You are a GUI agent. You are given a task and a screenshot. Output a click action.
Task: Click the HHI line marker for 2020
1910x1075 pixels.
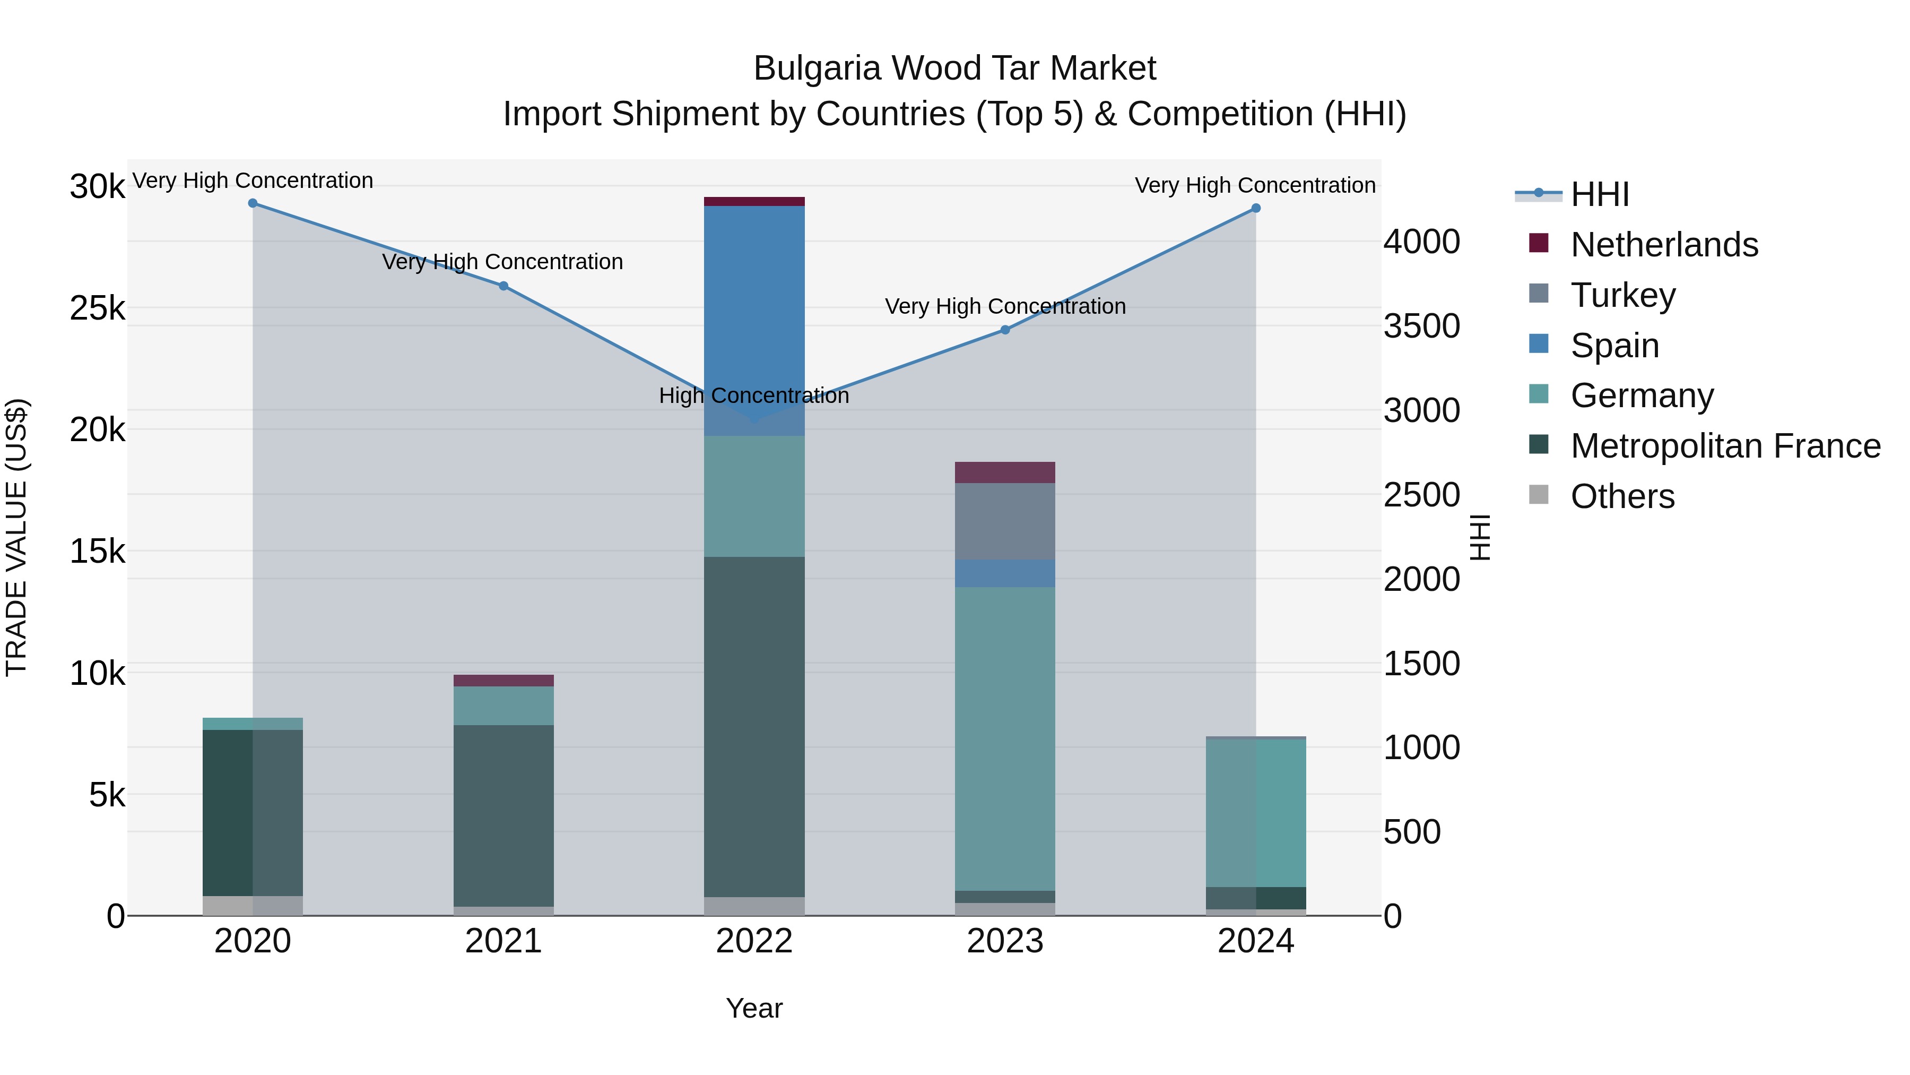tap(253, 203)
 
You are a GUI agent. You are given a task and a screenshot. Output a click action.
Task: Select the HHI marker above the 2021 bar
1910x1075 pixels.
tap(503, 286)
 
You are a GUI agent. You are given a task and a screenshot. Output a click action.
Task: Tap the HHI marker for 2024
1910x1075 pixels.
tap(1256, 209)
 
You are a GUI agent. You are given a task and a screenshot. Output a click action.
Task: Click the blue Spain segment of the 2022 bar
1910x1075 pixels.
tap(754, 312)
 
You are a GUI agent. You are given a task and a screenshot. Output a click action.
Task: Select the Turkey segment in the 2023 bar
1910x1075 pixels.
tap(1005, 521)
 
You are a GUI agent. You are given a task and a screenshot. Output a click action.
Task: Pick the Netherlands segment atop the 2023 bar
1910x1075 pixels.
tap(1005, 472)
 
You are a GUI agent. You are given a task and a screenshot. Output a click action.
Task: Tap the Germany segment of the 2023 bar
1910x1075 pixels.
tap(1005, 738)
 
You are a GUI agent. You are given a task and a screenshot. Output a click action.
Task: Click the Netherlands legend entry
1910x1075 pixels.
tap(1664, 245)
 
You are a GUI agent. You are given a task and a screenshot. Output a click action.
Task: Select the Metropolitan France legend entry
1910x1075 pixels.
tap(1725, 446)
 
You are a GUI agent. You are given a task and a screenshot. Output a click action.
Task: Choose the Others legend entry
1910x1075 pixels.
tap(1622, 496)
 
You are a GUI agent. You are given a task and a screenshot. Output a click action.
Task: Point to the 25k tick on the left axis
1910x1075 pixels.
tap(98, 308)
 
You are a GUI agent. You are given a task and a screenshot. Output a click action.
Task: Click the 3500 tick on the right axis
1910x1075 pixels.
tap(1421, 326)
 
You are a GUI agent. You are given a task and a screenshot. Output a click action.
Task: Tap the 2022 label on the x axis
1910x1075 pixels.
tap(754, 941)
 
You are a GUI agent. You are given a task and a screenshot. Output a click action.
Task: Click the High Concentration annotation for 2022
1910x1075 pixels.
tap(754, 395)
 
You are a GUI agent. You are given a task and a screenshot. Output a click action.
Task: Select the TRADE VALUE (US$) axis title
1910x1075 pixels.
tap(16, 537)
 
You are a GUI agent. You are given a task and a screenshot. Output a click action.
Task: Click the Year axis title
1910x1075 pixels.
tap(754, 1008)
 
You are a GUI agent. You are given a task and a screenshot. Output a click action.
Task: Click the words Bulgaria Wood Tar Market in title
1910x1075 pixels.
tap(954, 68)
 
